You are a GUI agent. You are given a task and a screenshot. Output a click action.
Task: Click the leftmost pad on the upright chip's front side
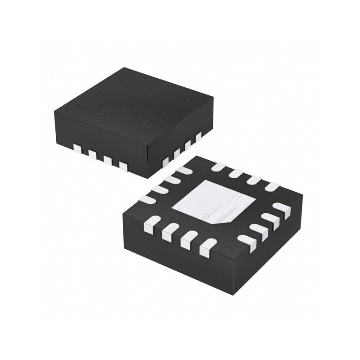[x=77, y=148]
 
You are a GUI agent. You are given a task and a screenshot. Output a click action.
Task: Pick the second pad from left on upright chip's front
[x=92, y=154]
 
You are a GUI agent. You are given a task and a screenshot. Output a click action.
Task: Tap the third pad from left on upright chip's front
[x=108, y=160]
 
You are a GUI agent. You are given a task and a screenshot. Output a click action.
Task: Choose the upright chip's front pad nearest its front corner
[x=123, y=166]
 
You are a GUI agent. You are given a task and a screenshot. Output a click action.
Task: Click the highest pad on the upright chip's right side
[x=198, y=136]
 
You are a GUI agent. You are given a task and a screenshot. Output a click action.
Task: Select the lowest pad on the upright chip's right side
[x=165, y=162]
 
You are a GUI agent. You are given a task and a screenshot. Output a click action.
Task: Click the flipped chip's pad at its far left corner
[x=147, y=199]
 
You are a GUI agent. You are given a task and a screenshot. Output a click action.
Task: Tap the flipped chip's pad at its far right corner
[x=282, y=208]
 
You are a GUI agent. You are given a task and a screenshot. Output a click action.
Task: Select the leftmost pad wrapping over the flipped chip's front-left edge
[x=152, y=224]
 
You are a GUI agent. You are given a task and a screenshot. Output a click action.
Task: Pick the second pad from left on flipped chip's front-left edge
[x=170, y=231]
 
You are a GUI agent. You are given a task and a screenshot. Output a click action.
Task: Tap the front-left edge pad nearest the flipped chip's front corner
[x=207, y=247]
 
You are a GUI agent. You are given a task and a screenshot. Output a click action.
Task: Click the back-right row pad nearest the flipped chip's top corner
[x=219, y=167]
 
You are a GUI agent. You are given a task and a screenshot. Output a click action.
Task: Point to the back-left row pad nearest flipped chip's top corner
[x=184, y=171]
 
